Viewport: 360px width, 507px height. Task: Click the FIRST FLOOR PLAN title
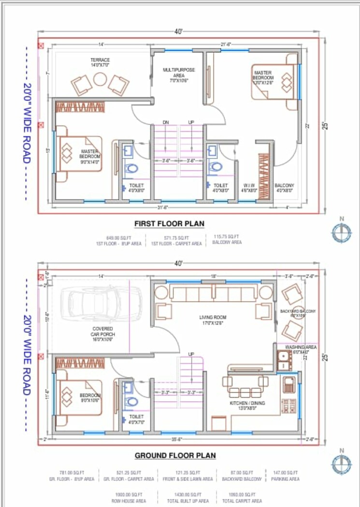coord(169,223)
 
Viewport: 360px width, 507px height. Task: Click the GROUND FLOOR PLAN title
coord(175,455)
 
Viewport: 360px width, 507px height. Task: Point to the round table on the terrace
coord(100,79)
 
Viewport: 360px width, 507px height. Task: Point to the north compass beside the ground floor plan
coord(342,464)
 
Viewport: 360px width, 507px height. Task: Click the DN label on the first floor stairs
coord(166,122)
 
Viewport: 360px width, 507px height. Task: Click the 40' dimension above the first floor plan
coord(179,32)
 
